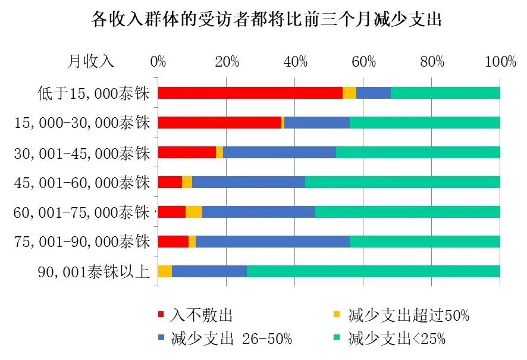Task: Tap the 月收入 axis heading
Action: point(90,61)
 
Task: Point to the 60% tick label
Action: point(363,61)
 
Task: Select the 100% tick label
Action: point(500,61)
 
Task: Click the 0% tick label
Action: point(158,61)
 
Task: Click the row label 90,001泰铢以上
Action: point(93,272)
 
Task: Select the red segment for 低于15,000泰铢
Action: point(250,93)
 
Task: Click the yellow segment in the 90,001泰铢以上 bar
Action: point(165,271)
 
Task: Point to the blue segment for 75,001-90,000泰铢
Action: point(272,242)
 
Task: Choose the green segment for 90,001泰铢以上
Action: point(373,271)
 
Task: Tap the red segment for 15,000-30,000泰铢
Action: point(219,123)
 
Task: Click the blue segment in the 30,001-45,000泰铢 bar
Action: point(280,152)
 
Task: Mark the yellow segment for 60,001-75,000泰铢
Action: point(194,212)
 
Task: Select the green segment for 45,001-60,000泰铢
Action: point(402,182)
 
